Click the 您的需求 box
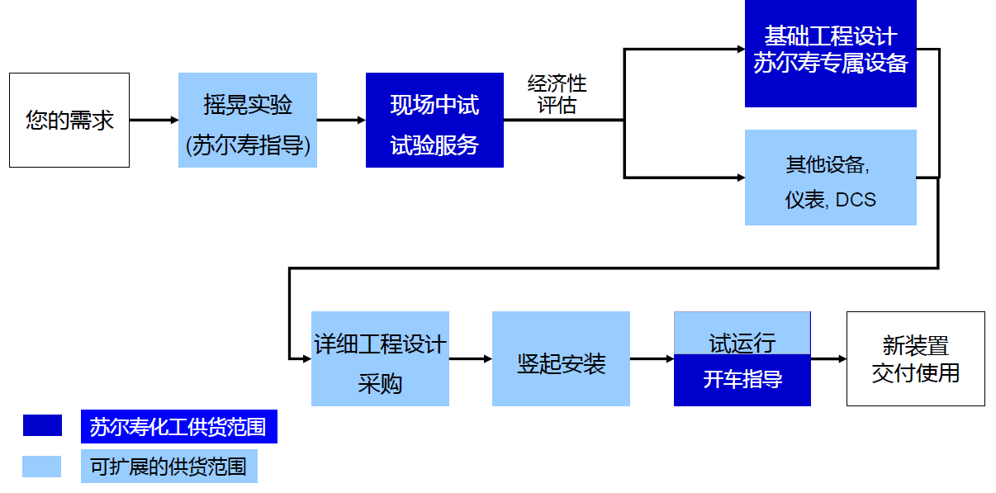[69, 121]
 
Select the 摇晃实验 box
[248, 121]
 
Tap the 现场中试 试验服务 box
[434, 121]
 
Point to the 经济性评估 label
[557, 95]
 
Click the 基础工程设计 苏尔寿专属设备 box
[830, 51]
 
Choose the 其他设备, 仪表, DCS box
[830, 178]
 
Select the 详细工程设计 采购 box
[380, 358]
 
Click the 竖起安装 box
[561, 358]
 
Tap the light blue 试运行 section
[742, 334]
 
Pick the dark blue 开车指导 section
[742, 380]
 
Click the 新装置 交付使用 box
[915, 358]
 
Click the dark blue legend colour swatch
[42, 425]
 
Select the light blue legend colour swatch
[42, 467]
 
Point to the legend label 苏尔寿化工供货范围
[178, 427]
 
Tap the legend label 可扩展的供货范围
[168, 467]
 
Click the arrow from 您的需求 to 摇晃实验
[154, 121]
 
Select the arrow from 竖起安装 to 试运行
[652, 359]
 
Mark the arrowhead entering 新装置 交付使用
[842, 359]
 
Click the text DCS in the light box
[856, 200]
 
